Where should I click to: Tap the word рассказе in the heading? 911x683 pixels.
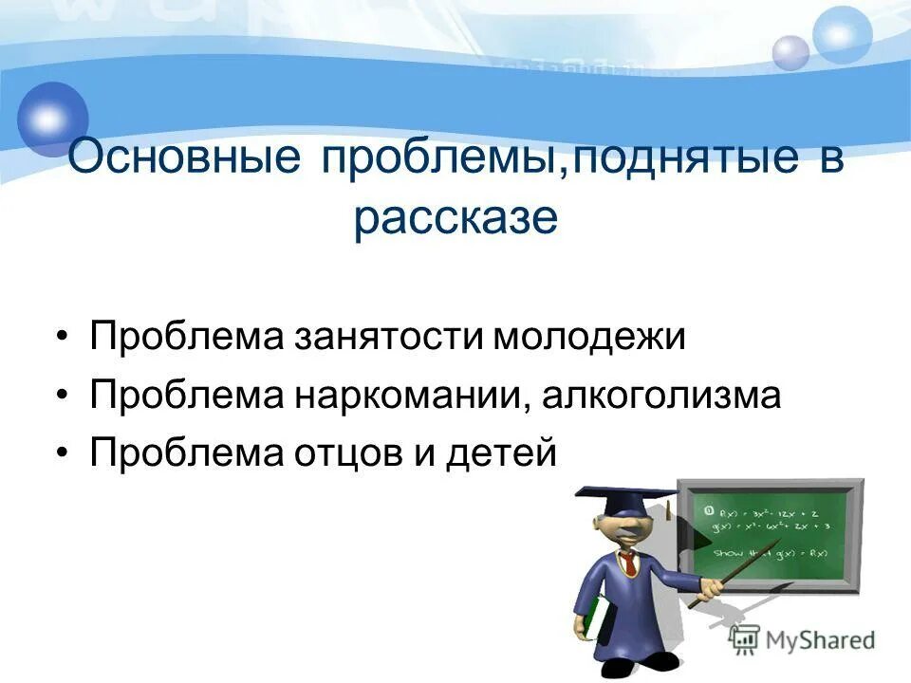pos(455,218)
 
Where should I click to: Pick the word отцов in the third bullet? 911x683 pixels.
pos(335,452)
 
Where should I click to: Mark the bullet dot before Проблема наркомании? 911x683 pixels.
pos(62,397)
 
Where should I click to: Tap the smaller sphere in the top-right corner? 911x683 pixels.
pos(790,52)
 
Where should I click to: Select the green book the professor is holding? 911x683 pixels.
pos(594,616)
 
